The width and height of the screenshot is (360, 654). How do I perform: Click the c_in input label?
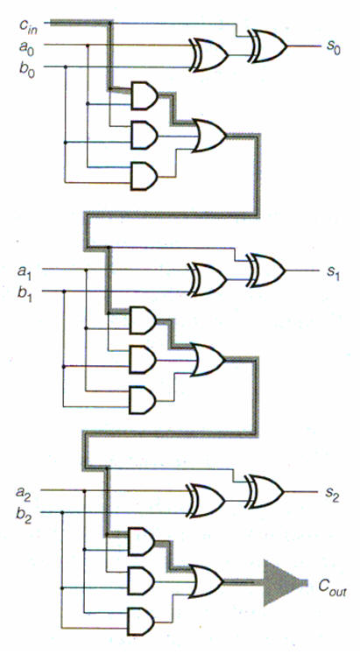pos(28,26)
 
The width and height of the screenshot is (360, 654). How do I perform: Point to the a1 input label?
pos(25,271)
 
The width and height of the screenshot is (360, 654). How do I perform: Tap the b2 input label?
pos(24,515)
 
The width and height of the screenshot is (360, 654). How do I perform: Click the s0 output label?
pos(333,46)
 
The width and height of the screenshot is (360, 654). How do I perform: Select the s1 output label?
pos(332,272)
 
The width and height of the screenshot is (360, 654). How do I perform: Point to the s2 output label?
pos(332,495)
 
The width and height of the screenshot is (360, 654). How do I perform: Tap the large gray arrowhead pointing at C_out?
pos(283,583)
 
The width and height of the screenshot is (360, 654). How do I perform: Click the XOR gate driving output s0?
pos(268,46)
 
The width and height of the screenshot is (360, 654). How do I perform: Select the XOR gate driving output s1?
pos(266,271)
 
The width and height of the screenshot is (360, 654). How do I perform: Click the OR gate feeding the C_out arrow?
pos(207,581)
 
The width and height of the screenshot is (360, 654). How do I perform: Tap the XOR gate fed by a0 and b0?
pos(208,55)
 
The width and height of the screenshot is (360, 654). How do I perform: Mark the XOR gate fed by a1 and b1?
pos(208,279)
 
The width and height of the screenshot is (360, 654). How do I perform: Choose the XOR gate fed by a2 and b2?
pos(206,501)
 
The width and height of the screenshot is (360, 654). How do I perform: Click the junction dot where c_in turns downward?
pos(110,23)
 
